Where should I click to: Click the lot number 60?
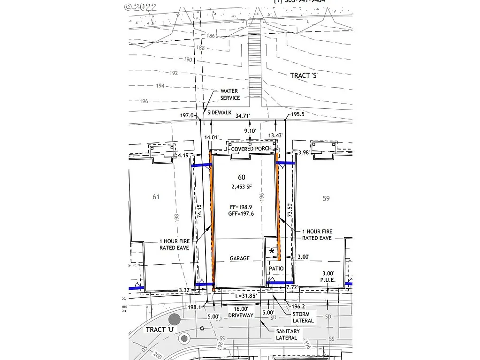pos(242,177)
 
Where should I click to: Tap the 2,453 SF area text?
pos(242,187)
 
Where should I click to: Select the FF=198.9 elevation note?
pos(242,206)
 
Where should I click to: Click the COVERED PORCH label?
pos(251,149)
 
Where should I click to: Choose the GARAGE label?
pos(239,258)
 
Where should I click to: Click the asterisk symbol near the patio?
pos(272,252)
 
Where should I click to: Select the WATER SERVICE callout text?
pos(230,94)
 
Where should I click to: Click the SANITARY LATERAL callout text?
pos(288,335)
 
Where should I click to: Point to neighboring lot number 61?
pos(156,197)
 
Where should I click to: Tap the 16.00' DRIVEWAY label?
pos(240,313)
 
